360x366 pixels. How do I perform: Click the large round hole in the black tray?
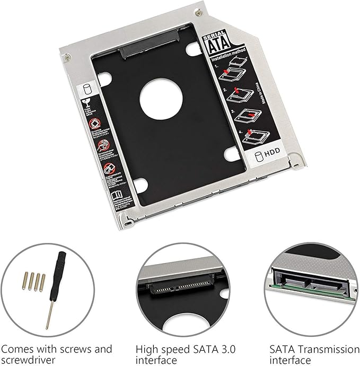[158, 97]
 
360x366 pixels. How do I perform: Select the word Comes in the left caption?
[20, 350]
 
